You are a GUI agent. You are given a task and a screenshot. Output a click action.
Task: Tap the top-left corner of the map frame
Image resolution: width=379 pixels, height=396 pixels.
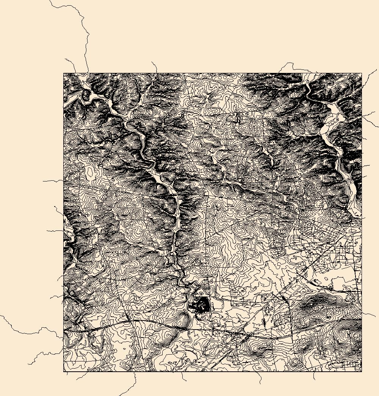click(x=63, y=73)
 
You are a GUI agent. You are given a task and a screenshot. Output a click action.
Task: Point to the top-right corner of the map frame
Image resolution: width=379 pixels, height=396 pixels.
click(x=362, y=73)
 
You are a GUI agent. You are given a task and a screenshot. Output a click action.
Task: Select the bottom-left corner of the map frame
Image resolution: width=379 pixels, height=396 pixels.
click(x=63, y=371)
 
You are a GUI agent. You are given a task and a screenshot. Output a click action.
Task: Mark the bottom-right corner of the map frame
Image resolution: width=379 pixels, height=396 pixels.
click(x=362, y=371)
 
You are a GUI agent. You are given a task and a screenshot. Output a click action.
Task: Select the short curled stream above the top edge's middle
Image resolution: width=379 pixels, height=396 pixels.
click(x=154, y=66)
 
